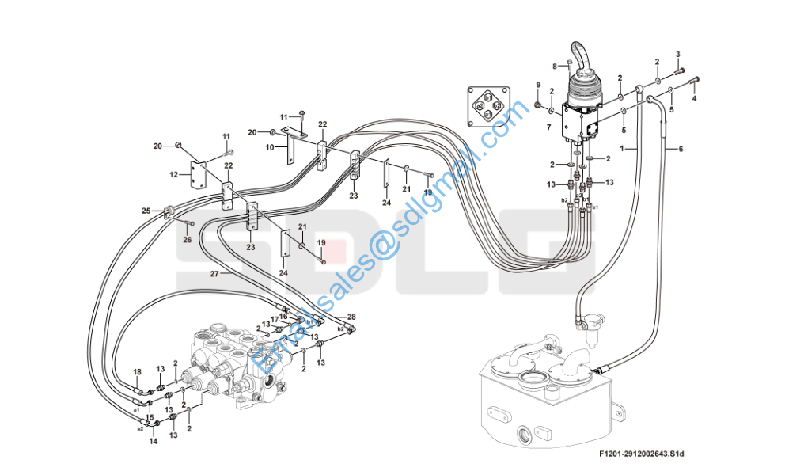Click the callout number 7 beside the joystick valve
[x=547, y=127]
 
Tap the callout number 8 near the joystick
[x=555, y=66]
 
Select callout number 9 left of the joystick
[x=537, y=85]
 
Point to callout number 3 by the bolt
[x=677, y=54]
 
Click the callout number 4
[x=694, y=99]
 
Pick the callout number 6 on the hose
[x=680, y=149]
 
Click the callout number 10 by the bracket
[x=270, y=146]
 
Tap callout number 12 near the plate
[x=174, y=174]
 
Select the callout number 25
[x=146, y=211]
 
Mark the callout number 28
[x=351, y=317]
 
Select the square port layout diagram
[x=487, y=106]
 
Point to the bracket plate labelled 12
[x=198, y=175]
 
